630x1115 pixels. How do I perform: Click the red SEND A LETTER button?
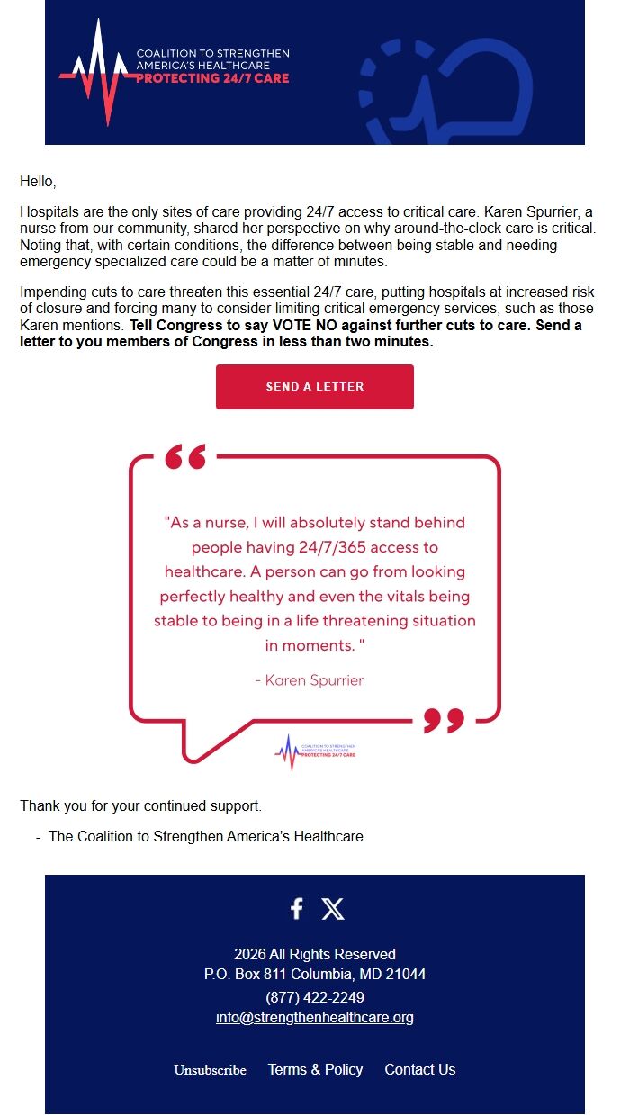pyautogui.click(x=314, y=387)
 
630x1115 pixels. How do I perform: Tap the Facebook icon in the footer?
pyautogui.click(x=296, y=908)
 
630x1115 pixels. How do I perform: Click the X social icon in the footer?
pyautogui.click(x=333, y=908)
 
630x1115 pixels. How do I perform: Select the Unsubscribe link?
pyautogui.click(x=210, y=1070)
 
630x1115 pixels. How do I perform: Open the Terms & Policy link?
pyautogui.click(x=315, y=1069)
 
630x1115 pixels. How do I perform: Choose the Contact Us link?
pyautogui.click(x=419, y=1069)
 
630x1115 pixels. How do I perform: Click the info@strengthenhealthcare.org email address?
pyautogui.click(x=314, y=1018)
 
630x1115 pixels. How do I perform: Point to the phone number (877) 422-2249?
pyautogui.click(x=314, y=997)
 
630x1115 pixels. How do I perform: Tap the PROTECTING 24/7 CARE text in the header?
pyautogui.click(x=212, y=78)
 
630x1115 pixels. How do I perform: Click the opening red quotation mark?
pyautogui.click(x=185, y=457)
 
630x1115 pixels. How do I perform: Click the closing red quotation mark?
pyautogui.click(x=444, y=720)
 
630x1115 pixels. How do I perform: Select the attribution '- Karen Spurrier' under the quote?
pyautogui.click(x=309, y=680)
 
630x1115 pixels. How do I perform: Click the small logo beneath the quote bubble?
pyautogui.click(x=315, y=751)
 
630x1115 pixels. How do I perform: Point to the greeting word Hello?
pyautogui.click(x=38, y=182)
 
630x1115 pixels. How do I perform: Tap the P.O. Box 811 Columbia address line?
pyautogui.click(x=314, y=974)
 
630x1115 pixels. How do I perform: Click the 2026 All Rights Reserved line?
pyautogui.click(x=314, y=954)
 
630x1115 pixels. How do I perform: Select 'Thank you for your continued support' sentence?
pyautogui.click(x=140, y=805)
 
